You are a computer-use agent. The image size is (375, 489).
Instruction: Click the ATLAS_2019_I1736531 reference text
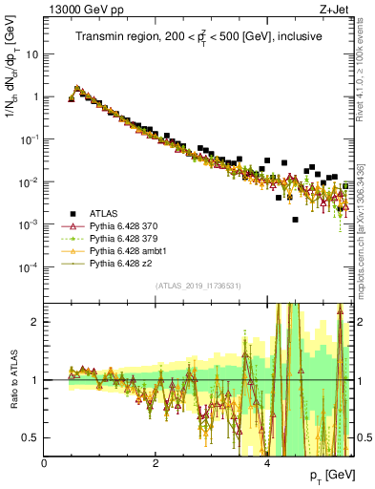coord(198,286)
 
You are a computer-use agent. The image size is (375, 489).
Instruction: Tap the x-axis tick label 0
coord(44,463)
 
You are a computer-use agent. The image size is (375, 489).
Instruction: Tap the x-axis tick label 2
coord(156,463)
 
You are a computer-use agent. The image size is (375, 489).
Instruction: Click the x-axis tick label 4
coord(266,463)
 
